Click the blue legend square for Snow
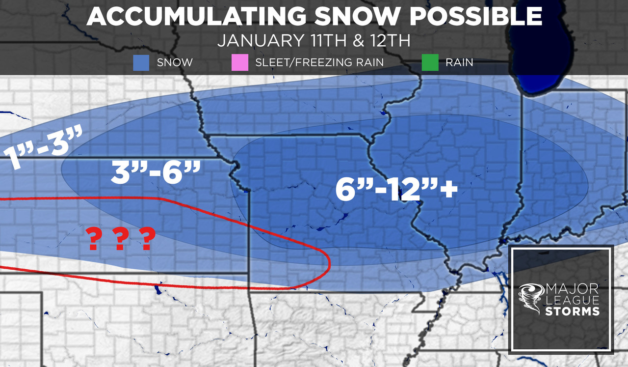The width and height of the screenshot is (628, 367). pos(141,63)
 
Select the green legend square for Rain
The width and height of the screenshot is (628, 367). pos(429,63)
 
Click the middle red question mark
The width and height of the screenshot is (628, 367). pos(119,239)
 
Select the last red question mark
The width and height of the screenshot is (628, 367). pos(147,239)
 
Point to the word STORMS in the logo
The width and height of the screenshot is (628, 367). pos(572,311)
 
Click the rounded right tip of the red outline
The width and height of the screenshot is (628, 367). pos(329,266)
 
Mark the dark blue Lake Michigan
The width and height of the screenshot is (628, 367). pos(535,54)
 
